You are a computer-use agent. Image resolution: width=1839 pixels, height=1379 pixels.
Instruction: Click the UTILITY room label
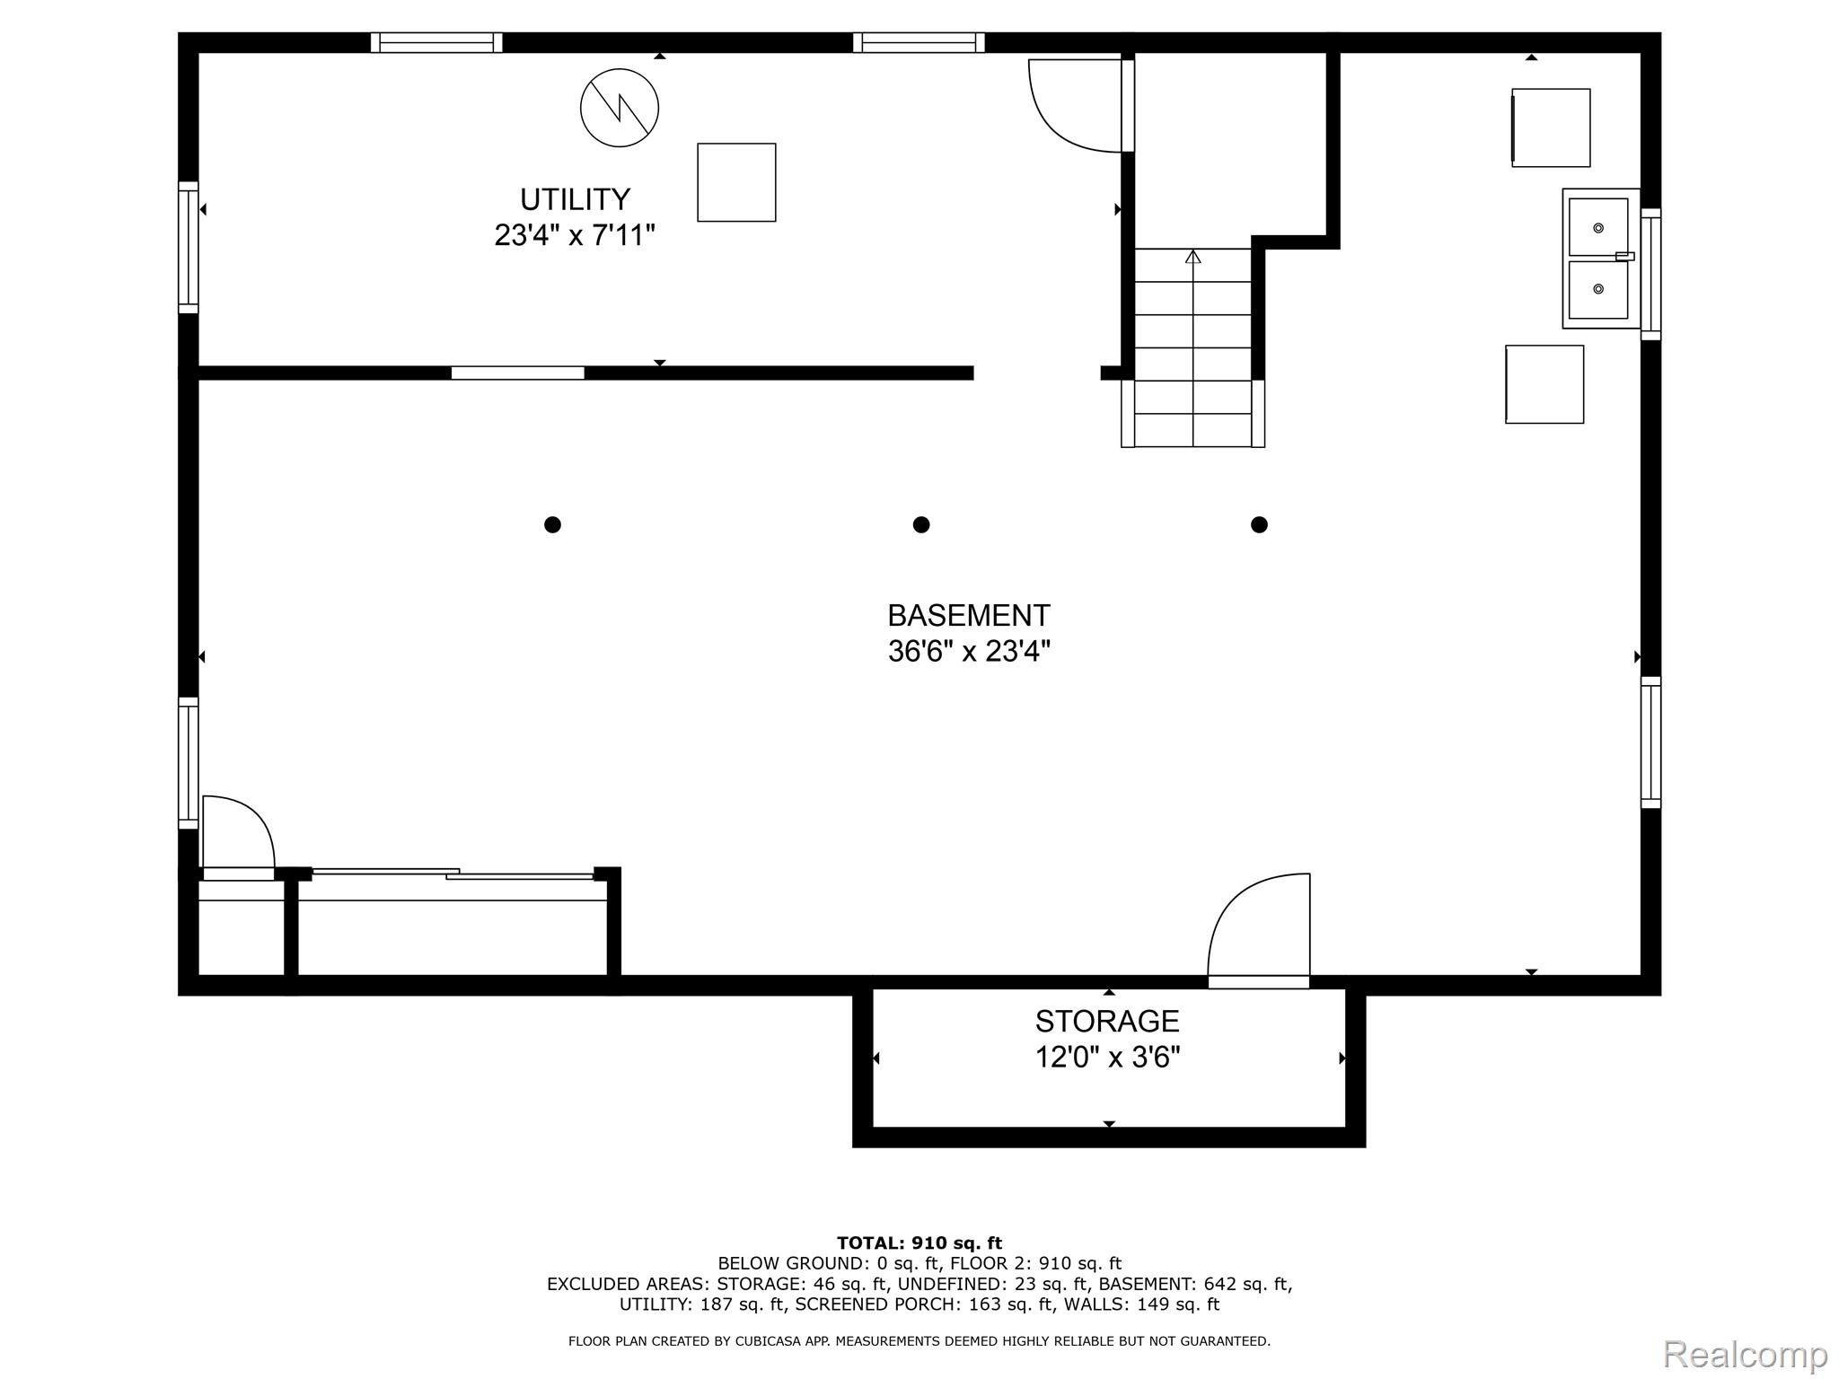[575, 198]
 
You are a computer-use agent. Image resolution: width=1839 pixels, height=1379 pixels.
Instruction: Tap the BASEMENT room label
[969, 615]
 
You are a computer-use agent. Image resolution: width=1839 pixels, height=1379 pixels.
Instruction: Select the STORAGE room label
[1107, 1021]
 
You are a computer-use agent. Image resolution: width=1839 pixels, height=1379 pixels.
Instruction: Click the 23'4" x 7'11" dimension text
[575, 235]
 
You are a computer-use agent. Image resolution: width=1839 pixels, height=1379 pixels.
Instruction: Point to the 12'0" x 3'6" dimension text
[1107, 1058]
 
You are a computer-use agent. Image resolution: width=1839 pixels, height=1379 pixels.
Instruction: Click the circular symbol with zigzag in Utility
[620, 108]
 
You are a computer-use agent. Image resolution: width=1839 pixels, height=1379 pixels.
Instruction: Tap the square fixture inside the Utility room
[736, 182]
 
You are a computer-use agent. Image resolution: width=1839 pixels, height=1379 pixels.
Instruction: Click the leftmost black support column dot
[552, 524]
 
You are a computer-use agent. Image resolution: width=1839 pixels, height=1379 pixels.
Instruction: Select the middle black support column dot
[920, 524]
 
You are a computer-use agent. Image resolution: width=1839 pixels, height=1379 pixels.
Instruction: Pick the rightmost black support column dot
[1259, 524]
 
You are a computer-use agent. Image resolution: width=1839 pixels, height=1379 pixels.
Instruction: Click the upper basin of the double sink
[1598, 227]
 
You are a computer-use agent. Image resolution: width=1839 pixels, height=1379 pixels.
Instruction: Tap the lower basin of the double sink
[1598, 289]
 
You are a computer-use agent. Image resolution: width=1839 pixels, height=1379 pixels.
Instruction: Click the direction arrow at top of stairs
[1192, 257]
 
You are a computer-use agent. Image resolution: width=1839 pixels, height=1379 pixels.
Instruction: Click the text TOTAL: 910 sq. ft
[919, 1243]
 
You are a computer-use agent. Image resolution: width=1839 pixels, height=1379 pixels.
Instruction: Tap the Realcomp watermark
[1745, 1354]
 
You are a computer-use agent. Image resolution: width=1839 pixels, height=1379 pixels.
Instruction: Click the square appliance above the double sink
[1551, 127]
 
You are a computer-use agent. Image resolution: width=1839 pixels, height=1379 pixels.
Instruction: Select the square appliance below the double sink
[1544, 384]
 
